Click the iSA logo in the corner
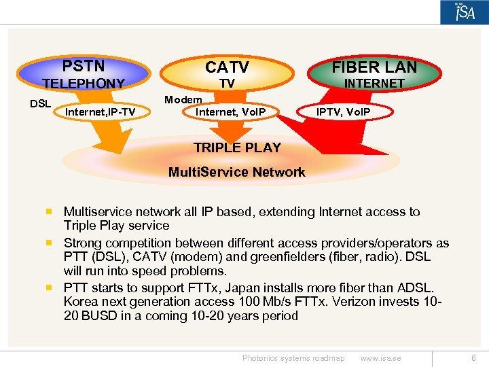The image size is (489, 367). [x=464, y=12]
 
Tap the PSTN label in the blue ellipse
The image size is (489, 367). [x=84, y=66]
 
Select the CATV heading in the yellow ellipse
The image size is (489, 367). [x=227, y=67]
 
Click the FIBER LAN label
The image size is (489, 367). [x=374, y=67]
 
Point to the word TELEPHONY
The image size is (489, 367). [x=84, y=84]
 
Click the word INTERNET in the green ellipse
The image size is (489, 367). [x=374, y=83]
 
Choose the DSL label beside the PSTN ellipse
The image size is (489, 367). [x=41, y=103]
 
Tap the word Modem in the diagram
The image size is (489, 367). [x=183, y=99]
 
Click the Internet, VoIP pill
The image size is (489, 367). [x=230, y=111]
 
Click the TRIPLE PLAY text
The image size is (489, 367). [x=237, y=147]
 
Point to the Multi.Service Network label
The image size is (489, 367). [x=237, y=172]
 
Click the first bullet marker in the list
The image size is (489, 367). [x=50, y=212]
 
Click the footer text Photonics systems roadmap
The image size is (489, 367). [x=293, y=358]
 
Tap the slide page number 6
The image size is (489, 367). [x=473, y=358]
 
